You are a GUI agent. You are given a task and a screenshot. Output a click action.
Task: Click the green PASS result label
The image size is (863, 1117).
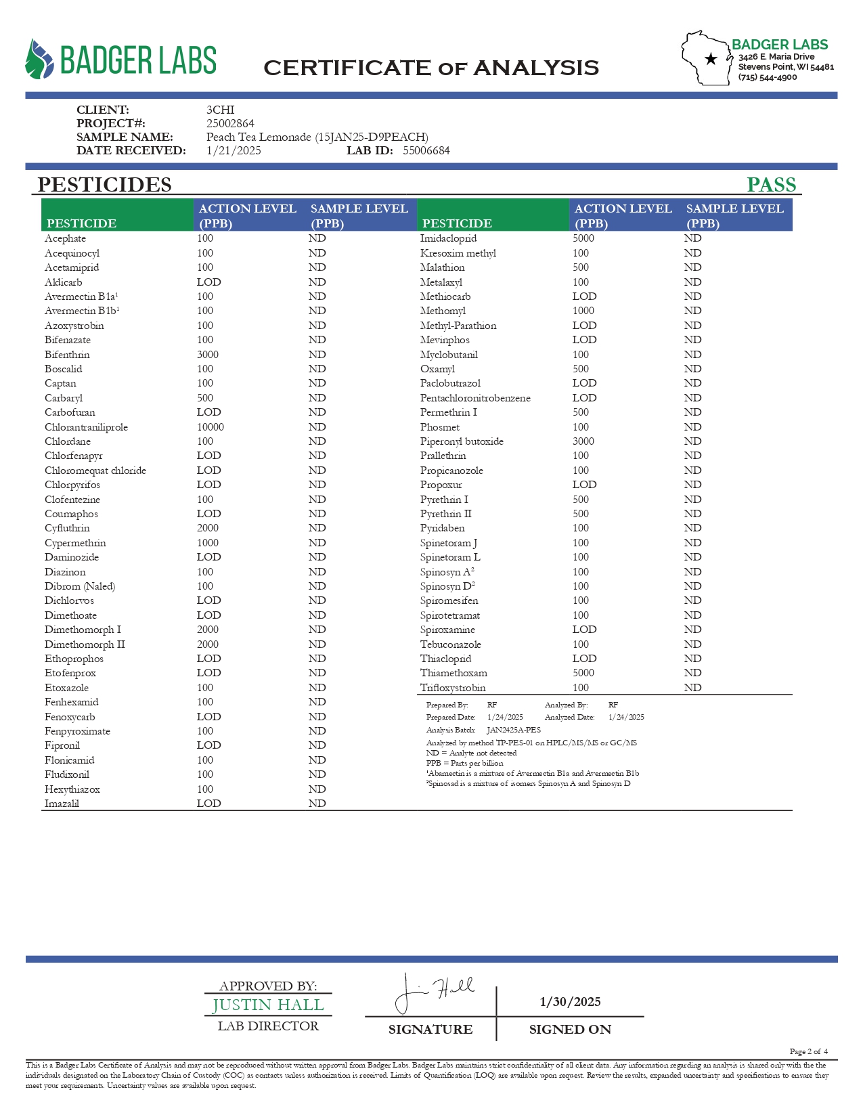coord(771,185)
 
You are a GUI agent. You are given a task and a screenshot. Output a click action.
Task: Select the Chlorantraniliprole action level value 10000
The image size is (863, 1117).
coord(211,427)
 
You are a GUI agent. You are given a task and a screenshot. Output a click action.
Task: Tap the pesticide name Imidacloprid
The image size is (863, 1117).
coord(448,238)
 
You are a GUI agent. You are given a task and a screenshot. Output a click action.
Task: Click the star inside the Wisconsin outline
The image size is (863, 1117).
coord(711,60)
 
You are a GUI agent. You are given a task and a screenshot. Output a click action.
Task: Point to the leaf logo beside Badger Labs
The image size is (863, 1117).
coord(39,60)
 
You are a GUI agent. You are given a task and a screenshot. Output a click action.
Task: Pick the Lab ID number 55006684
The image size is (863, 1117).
coord(426,150)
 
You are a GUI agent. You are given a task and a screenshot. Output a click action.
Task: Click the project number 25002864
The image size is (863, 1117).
coord(230,123)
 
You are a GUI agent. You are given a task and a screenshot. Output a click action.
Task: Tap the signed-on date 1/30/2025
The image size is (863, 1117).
coord(570,1002)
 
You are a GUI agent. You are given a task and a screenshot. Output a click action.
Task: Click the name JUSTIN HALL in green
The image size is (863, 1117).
coord(268,1005)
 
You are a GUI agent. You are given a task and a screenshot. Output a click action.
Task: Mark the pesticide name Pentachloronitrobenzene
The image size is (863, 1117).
coord(475,398)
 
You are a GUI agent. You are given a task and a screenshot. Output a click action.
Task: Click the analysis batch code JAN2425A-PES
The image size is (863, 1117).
coord(514,730)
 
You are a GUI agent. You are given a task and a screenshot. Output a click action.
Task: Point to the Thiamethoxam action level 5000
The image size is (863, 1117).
coord(583,673)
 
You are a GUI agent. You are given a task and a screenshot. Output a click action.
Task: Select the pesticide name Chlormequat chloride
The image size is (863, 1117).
coord(95,470)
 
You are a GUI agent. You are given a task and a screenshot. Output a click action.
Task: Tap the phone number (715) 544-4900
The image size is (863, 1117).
coord(768,77)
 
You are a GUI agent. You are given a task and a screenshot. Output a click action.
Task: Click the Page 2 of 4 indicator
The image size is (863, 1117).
coord(808,1051)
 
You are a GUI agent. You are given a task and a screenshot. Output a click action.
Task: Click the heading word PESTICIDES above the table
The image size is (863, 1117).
coord(104,185)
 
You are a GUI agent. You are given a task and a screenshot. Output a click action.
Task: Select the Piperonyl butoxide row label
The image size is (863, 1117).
coord(462,441)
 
